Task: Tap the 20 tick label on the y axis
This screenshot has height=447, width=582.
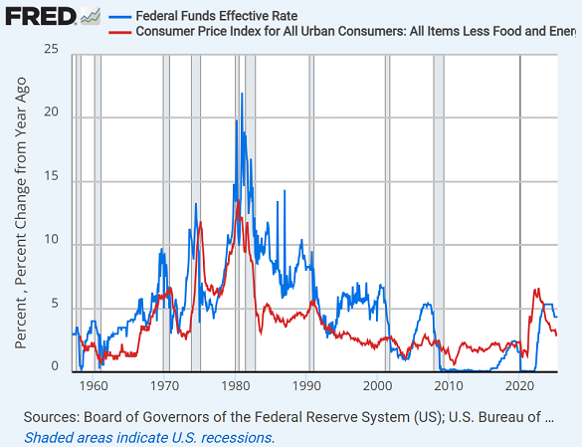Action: (x=52, y=113)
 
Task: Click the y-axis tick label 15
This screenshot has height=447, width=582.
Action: (x=52, y=177)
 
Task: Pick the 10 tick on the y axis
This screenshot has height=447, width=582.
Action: (x=52, y=241)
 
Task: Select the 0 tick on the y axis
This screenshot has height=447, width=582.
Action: (x=56, y=367)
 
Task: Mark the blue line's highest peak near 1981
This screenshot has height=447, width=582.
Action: (x=241, y=94)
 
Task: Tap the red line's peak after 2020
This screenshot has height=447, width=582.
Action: (x=536, y=290)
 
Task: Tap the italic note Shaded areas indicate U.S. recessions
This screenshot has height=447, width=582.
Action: (x=149, y=437)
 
